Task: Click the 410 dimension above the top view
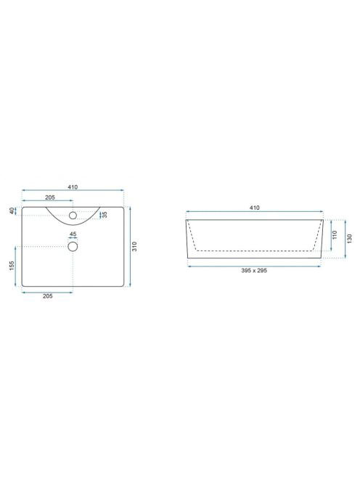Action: [73, 187]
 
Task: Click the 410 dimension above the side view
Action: [255, 208]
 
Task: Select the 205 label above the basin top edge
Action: [50, 197]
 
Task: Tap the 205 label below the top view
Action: [48, 296]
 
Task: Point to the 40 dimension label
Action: [12, 211]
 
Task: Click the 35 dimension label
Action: [105, 215]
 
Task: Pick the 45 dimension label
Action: [73, 234]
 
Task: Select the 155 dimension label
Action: [12, 266]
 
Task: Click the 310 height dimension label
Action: [135, 247]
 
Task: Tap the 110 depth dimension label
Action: [335, 235]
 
